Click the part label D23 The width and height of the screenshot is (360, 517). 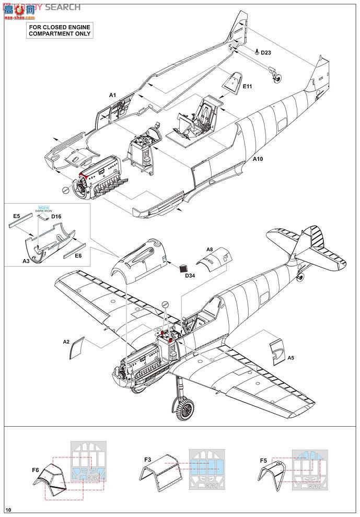265,53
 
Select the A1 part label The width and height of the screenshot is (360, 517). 112,95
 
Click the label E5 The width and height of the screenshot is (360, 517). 16,216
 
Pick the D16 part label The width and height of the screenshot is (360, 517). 57,216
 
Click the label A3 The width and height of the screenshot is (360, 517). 26,260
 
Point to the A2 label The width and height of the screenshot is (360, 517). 66,342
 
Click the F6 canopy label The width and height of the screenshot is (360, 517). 36,470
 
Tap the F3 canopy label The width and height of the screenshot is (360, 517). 148,460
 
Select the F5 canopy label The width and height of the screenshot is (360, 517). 264,461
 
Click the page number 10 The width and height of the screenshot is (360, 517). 8,510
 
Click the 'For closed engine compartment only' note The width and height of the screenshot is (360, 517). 59,30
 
